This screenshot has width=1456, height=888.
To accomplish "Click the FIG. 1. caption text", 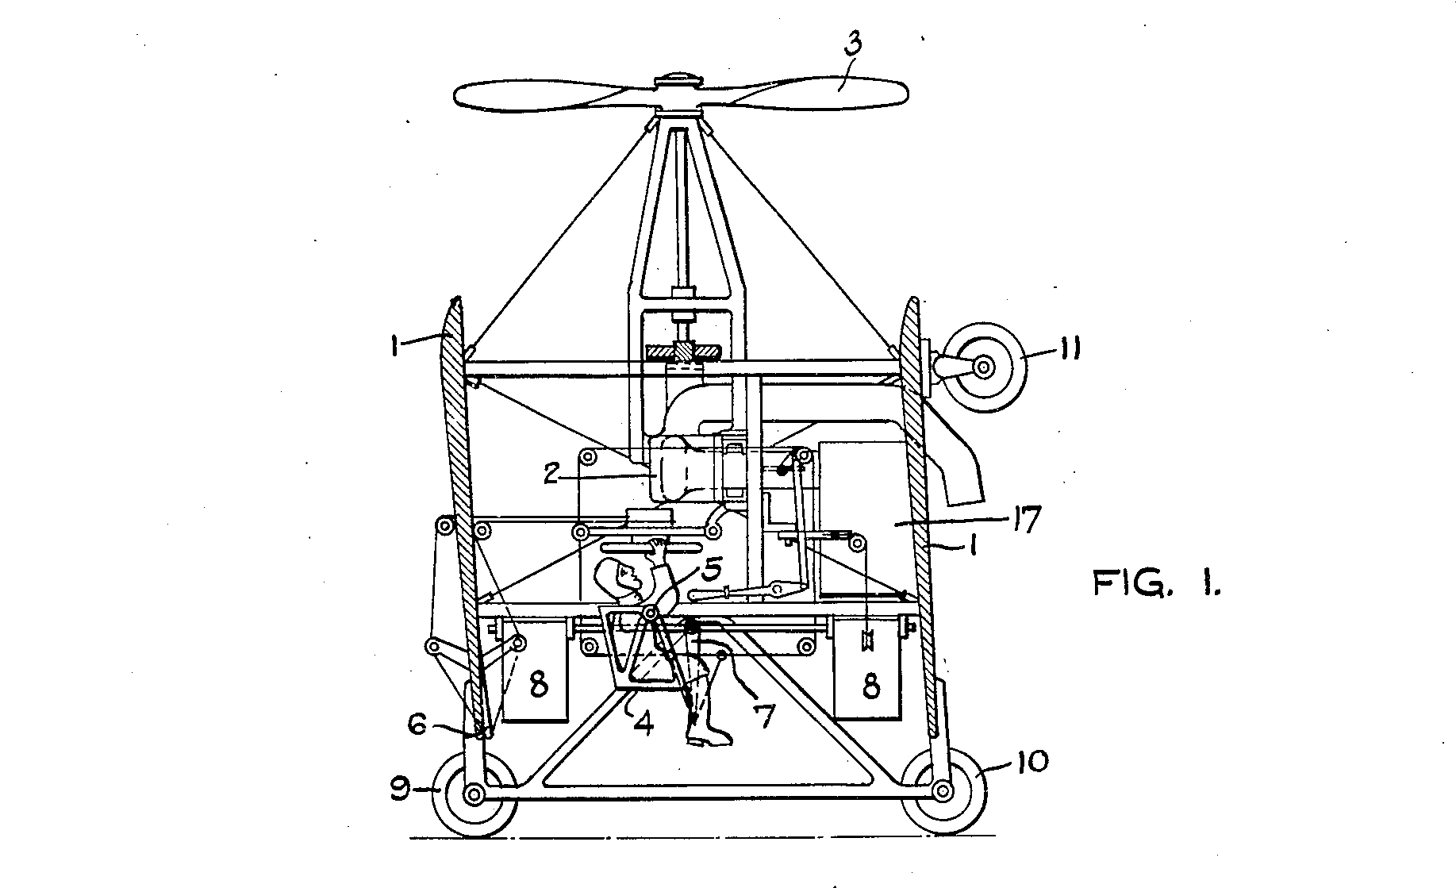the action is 1158,583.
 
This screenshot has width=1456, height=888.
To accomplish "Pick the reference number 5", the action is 711,570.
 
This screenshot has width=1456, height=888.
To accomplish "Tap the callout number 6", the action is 417,724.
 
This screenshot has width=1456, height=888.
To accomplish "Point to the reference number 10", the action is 1029,762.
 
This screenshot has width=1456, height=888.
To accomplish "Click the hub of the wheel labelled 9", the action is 474,793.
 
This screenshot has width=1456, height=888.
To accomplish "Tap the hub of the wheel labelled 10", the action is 943,790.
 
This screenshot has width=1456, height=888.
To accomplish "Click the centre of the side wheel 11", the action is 983,367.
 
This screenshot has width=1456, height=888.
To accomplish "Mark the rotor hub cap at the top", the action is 678,80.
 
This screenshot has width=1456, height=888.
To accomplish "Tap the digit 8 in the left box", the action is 539,685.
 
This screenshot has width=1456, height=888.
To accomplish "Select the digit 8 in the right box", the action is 871,686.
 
